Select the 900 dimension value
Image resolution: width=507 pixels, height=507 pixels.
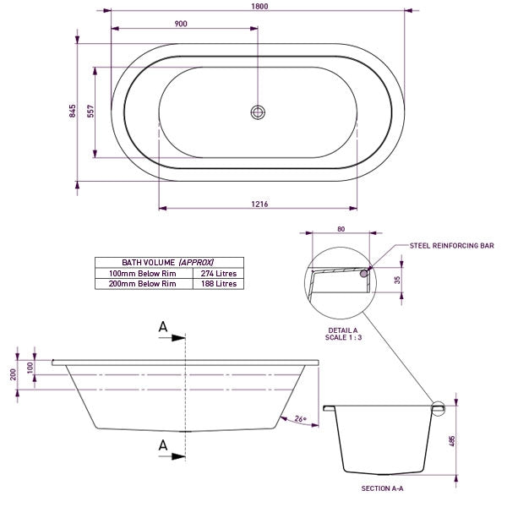[x=181, y=24]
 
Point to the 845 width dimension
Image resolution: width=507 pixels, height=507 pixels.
[x=73, y=112]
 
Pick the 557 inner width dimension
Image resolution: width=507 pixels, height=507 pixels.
[x=90, y=112]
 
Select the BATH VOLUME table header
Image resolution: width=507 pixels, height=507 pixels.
[x=168, y=263]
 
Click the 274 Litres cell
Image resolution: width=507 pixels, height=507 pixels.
[x=217, y=274]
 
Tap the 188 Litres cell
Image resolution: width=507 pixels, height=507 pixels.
[x=217, y=284]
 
